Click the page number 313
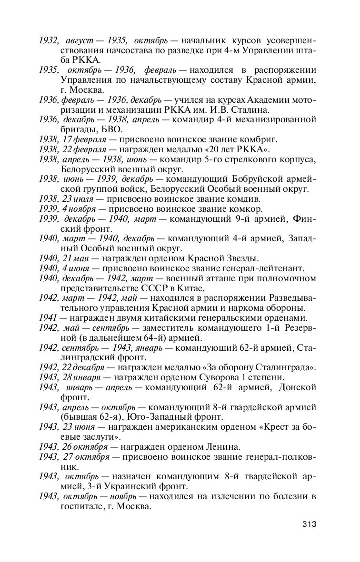pos(309,525)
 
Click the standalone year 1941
pos(48,318)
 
